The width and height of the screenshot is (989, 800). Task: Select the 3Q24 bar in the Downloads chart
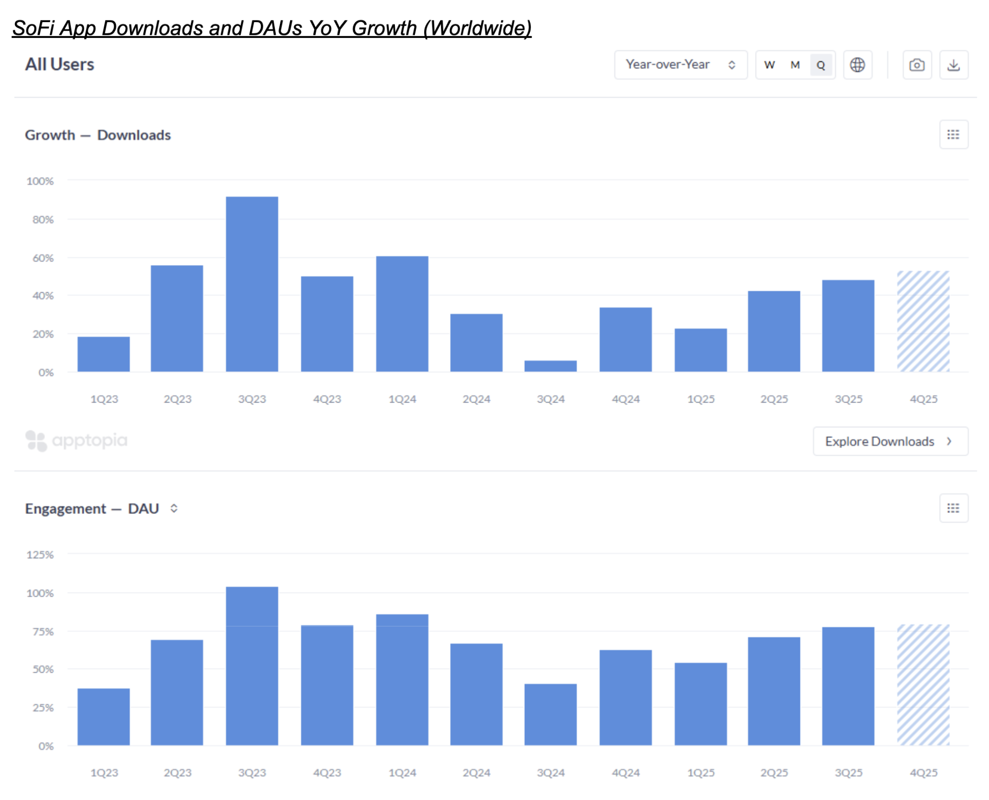(550, 366)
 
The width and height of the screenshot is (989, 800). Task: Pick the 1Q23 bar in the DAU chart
(104, 716)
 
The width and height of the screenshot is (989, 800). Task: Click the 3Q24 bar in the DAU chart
(550, 714)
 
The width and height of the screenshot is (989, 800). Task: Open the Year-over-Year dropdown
(680, 65)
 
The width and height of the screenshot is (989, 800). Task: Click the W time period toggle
(769, 65)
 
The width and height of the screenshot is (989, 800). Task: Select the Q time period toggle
(820, 65)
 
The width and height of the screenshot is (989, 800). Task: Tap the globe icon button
(857, 65)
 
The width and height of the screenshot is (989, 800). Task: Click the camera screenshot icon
(916, 65)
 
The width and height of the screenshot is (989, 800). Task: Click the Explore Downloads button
(890, 441)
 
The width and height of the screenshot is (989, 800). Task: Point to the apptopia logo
(77, 441)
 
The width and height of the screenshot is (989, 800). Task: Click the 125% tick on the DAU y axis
(40, 555)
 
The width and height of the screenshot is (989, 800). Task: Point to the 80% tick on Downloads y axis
(43, 220)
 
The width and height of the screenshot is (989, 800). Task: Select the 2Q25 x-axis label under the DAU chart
(773, 772)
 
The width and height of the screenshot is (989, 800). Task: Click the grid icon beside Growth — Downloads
(953, 135)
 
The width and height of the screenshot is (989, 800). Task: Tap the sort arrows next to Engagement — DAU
(174, 508)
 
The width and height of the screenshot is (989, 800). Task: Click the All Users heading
(60, 65)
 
